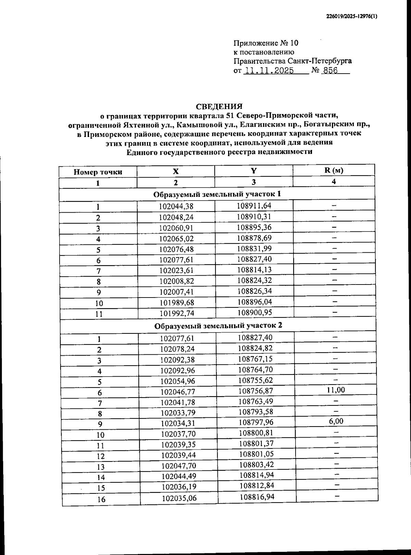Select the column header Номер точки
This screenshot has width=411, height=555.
pos(98,172)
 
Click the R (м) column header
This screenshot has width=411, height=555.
pos(334,171)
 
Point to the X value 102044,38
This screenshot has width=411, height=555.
pos(176,206)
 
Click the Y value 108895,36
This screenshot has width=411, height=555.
pos(254,227)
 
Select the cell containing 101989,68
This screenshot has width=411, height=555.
pos(176,303)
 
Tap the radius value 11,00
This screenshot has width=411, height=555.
pos(336,390)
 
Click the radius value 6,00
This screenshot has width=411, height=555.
pos(336,421)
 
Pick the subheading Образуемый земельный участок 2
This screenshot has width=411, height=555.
pos(218,325)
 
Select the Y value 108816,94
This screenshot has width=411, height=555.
pos(257,497)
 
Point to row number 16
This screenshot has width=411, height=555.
pos(101,499)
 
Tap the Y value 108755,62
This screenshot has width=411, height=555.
pos(255,380)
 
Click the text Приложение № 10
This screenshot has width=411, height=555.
pos(266,43)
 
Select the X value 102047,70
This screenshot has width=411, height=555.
pos(178,466)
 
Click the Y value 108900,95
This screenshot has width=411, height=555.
pos(254,312)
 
